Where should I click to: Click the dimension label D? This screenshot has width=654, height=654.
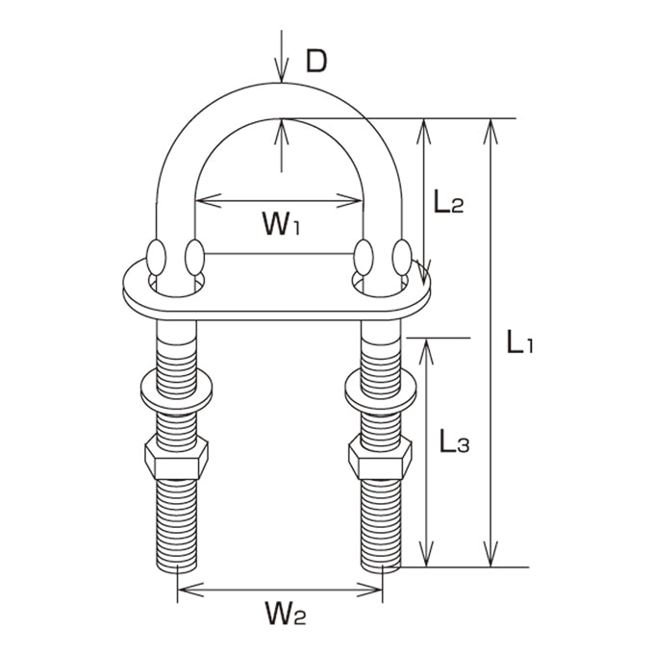click(316, 62)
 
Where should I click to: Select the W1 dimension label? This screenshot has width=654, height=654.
click(281, 223)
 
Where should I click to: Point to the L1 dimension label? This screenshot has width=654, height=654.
click(519, 341)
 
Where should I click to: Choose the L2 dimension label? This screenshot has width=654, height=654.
click(448, 201)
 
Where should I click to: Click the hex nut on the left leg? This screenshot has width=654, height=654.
click(176, 457)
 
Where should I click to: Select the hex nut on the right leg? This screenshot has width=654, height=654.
click(380, 457)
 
